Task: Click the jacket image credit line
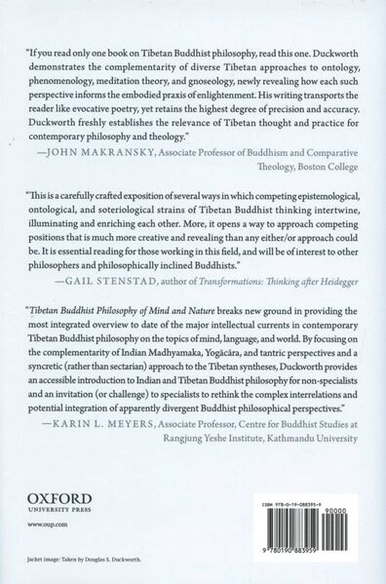(105, 565)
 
